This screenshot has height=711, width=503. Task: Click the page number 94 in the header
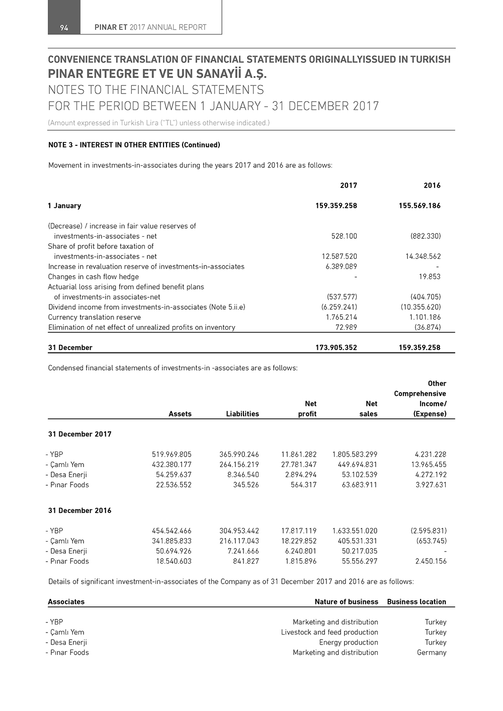coord(64,28)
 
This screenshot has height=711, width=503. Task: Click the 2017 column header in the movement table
coord(348,186)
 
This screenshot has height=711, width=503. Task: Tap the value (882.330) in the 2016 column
coord(425,236)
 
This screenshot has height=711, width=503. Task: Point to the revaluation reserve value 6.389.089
coord(341,266)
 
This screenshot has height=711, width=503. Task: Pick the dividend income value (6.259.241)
coord(339,307)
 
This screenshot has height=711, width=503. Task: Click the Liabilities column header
coord(242,414)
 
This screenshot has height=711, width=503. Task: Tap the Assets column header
coord(180,414)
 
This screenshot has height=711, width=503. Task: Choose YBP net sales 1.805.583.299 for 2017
coord(355,454)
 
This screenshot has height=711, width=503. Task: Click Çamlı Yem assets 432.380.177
coord(172,465)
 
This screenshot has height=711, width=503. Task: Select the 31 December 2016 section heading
coord(79,510)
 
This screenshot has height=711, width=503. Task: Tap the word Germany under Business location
coord(432,652)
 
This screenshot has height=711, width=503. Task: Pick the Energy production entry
coord(349,642)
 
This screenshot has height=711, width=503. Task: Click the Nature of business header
coord(346,602)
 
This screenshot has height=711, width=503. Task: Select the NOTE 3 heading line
coord(134,145)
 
